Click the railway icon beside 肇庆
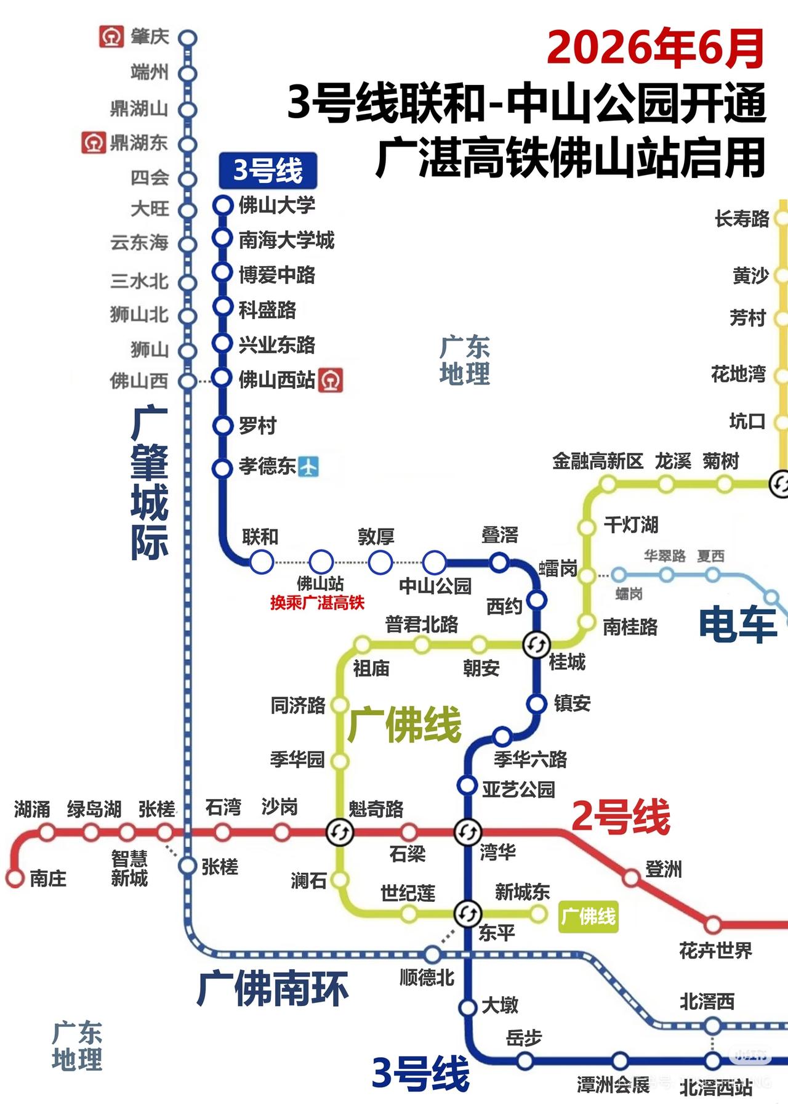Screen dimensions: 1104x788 pyautogui.click(x=111, y=37)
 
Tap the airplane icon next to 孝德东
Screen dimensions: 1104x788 pyautogui.click(x=308, y=466)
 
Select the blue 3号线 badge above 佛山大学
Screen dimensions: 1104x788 pyautogui.click(x=268, y=171)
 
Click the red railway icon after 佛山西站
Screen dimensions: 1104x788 pyautogui.click(x=331, y=380)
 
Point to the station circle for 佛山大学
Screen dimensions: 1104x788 pyautogui.click(x=222, y=205)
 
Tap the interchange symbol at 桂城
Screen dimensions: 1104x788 pyautogui.click(x=536, y=645)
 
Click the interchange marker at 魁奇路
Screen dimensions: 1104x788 pyautogui.click(x=340, y=833)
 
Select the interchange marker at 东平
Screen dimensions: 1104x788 pyautogui.click(x=468, y=913)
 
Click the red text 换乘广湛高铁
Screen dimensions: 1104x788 pyautogui.click(x=317, y=603)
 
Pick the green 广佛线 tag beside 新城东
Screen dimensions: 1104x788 pyautogui.click(x=588, y=916)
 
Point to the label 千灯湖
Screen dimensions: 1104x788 pyautogui.click(x=631, y=525)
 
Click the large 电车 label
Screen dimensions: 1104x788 pyautogui.click(x=737, y=624)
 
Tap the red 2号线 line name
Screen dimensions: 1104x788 pyautogui.click(x=620, y=817)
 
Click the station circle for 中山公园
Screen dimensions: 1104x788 pyautogui.click(x=435, y=562)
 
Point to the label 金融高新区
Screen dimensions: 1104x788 pyautogui.click(x=597, y=461)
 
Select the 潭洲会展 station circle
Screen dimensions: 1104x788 pyautogui.click(x=620, y=1060)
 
